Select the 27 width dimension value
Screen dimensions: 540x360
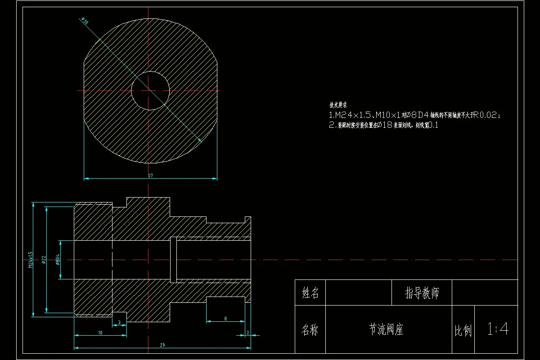[150, 175]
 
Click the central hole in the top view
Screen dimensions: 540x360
[150, 90]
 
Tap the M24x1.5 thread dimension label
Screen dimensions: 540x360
[31, 260]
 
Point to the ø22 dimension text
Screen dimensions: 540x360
[44, 260]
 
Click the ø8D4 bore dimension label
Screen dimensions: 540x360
[58, 260]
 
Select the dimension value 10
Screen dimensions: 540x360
[100, 333]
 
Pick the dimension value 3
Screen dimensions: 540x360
[119, 323]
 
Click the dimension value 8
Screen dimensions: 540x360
[225, 319]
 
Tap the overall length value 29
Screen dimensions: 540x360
[162, 345]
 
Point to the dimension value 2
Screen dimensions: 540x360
[248, 333]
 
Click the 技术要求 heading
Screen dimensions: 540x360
[338, 105]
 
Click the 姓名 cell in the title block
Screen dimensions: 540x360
[310, 293]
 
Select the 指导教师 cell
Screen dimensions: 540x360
[422, 293]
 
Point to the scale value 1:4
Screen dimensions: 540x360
[497, 329]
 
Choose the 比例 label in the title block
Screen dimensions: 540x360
[463, 332]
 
